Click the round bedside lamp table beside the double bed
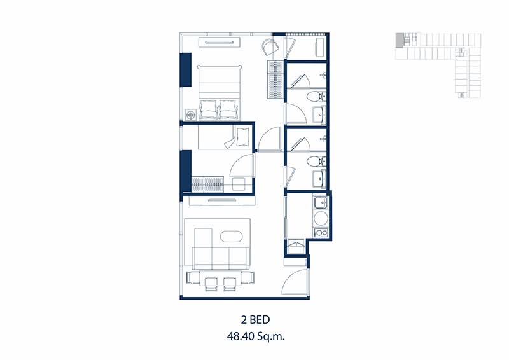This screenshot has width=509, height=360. pyautogui.click(x=190, y=114)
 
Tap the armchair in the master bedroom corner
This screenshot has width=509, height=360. pyautogui.click(x=270, y=46)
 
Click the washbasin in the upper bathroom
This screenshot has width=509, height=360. pyautogui.click(x=319, y=115)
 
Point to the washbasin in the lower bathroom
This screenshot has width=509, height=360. pyautogui.click(x=319, y=179)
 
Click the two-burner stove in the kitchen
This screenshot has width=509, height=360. pyautogui.click(x=321, y=232)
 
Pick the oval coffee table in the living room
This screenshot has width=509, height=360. pyautogui.click(x=231, y=237)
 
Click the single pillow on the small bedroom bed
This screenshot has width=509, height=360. pyautogui.click(x=243, y=137)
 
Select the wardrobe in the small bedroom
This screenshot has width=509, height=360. pyautogui.click(x=208, y=184)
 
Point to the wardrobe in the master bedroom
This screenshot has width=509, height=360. pyautogui.click(x=275, y=80)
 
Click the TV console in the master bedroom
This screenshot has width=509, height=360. pyautogui.click(x=220, y=42)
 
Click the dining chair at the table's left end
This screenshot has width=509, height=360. pyautogui.click(x=193, y=277)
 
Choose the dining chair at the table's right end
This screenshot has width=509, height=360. pyautogui.click(x=248, y=277)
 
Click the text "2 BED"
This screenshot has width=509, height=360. pyautogui.click(x=256, y=320)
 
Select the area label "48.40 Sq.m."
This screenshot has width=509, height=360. pyautogui.click(x=256, y=336)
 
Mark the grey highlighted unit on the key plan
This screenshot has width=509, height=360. pyautogui.click(x=399, y=41)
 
